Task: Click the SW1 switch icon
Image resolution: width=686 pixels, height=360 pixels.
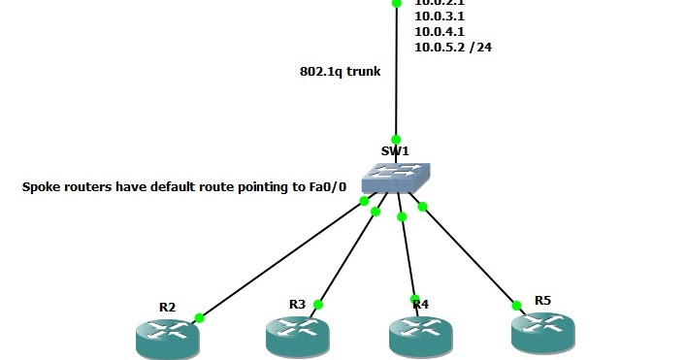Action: tap(394, 178)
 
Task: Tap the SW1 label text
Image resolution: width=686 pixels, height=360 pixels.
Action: tap(395, 150)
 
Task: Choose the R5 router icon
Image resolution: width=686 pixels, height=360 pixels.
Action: tap(542, 331)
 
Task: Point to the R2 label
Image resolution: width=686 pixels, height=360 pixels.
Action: tap(167, 307)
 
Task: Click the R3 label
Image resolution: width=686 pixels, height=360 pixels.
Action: tap(297, 304)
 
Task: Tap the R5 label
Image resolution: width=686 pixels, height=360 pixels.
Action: tap(542, 300)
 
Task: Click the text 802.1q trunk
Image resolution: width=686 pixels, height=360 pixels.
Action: tap(340, 71)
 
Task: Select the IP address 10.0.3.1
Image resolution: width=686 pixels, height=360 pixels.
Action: tap(439, 16)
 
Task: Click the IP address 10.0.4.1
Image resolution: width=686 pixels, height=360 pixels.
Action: tap(439, 31)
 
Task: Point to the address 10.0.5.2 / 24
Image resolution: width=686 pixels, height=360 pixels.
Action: tap(452, 47)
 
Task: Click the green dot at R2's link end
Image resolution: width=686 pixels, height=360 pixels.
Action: tap(199, 317)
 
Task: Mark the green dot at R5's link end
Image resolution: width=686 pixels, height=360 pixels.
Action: tap(516, 305)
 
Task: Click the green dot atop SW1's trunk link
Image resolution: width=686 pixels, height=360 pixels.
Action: tap(396, 140)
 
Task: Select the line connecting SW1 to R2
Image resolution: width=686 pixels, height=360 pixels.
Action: tap(281, 259)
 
